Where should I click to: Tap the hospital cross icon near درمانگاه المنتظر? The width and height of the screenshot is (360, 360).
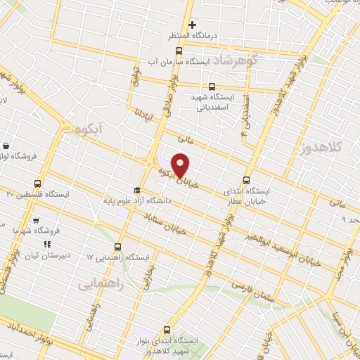tap(192, 25)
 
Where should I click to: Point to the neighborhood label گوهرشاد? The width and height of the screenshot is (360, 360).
tap(235, 60)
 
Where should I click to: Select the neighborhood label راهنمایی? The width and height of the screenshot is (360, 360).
tap(101, 284)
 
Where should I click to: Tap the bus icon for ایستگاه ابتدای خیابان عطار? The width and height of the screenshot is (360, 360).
tap(245, 179)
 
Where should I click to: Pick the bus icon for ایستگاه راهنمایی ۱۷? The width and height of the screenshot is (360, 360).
tap(117, 247)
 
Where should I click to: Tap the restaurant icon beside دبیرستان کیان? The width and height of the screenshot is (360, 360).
tap(46, 244)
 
